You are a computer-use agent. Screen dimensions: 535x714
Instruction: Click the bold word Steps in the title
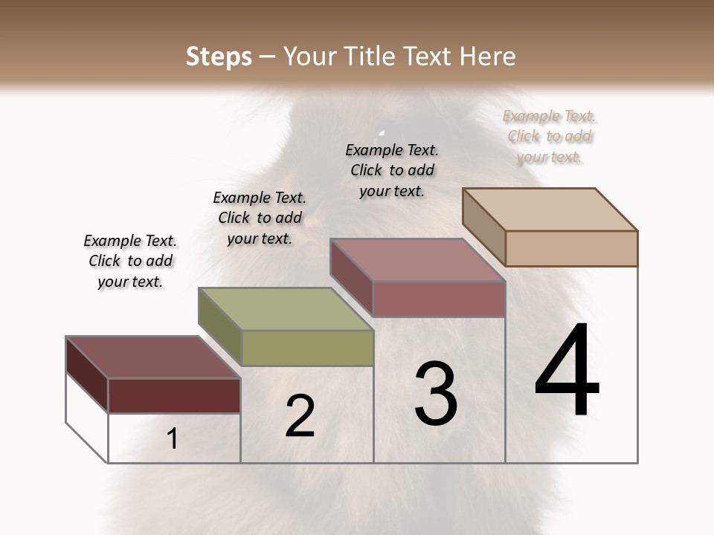coord(219,56)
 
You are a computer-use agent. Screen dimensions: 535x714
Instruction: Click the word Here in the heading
coord(488,56)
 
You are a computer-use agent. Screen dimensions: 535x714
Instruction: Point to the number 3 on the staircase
coord(436,394)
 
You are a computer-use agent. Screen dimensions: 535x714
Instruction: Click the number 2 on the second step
coord(300,416)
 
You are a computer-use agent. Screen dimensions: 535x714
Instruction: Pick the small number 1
coord(173,439)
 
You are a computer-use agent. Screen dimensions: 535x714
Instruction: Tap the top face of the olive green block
coord(286,309)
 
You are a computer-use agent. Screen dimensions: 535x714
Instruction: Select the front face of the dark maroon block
coord(174,395)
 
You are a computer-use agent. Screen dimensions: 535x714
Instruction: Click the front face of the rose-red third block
coord(439,299)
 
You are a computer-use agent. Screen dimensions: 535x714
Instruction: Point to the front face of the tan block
coord(571,248)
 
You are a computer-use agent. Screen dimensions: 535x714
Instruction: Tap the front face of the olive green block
coord(307,348)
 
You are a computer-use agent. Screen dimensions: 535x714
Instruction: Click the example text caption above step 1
coord(130,261)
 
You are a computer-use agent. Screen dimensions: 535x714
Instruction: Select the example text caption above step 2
coord(260,218)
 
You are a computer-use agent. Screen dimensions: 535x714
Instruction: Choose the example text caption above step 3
coord(392,170)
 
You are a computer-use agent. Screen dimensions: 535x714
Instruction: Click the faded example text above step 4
coord(550,136)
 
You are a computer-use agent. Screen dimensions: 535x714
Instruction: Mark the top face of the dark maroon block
coord(152,357)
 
